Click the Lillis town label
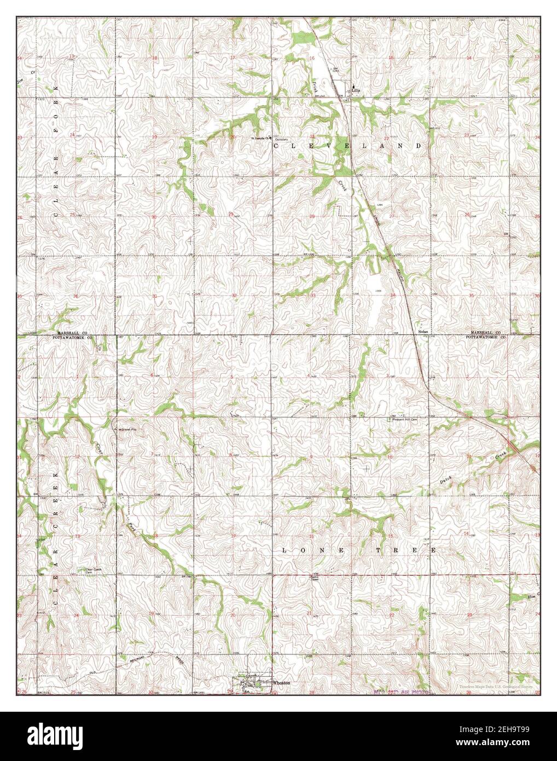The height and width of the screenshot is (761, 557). (356, 92)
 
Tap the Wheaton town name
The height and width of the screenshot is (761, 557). (281, 683)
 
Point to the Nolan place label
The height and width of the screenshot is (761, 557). (422, 332)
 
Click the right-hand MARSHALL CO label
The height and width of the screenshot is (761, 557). (484, 333)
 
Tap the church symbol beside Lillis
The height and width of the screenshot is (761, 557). (353, 86)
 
